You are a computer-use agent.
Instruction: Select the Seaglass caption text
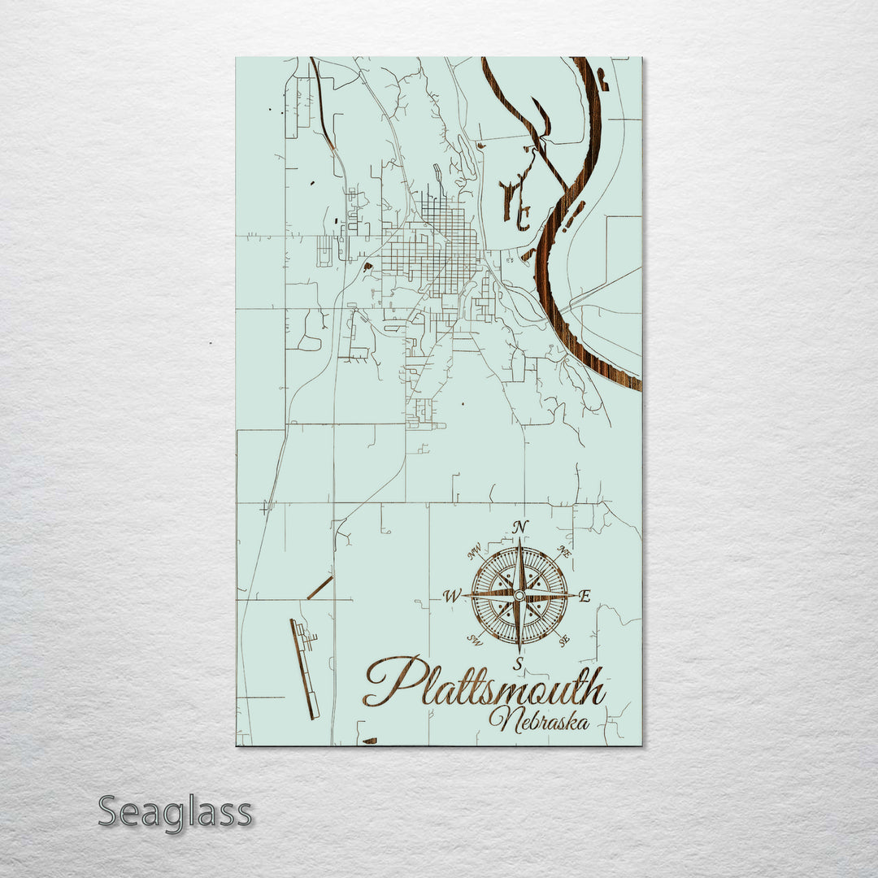(x=175, y=811)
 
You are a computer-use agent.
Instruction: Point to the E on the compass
(x=585, y=598)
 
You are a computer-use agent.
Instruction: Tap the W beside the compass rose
(x=450, y=597)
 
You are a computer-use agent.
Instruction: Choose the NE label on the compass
(x=563, y=551)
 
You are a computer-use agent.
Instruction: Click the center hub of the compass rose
(x=519, y=596)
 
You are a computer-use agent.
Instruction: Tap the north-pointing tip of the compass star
(x=519, y=543)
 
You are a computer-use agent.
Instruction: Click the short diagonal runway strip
(x=319, y=588)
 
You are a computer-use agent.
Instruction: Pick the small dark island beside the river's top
(x=602, y=78)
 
